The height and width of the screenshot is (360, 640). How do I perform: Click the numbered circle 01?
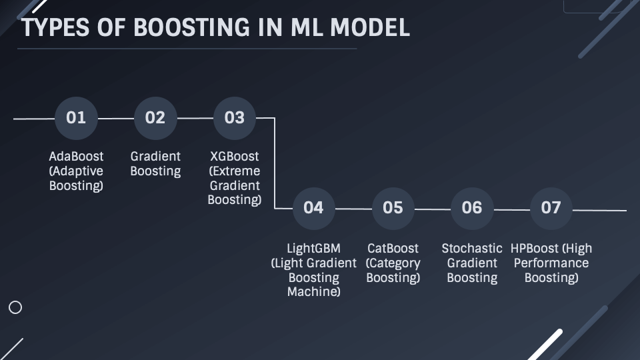(x=76, y=118)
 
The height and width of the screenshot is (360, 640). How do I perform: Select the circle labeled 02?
(x=155, y=118)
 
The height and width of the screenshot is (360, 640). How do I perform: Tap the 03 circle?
(x=234, y=118)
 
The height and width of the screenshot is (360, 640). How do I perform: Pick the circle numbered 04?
(x=313, y=207)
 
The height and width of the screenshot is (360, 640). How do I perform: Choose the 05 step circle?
(x=393, y=207)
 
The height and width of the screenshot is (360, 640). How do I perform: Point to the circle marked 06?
(x=472, y=207)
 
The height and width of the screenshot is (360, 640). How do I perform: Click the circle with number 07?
(x=551, y=207)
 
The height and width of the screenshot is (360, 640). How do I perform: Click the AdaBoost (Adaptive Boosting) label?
(x=76, y=171)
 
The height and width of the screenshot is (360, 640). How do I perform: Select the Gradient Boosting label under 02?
(x=155, y=163)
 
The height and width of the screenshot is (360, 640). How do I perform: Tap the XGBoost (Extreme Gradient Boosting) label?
(x=234, y=178)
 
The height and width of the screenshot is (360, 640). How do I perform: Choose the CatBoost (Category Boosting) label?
(x=393, y=263)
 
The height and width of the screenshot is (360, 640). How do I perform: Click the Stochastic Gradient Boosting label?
(x=472, y=263)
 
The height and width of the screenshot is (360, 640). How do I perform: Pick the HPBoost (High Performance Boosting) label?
(x=551, y=263)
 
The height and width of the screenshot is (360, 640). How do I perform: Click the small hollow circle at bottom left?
(x=15, y=307)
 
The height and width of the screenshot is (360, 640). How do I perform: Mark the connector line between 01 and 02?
(x=115, y=118)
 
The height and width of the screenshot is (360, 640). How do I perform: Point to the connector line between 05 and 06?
(x=432, y=209)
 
